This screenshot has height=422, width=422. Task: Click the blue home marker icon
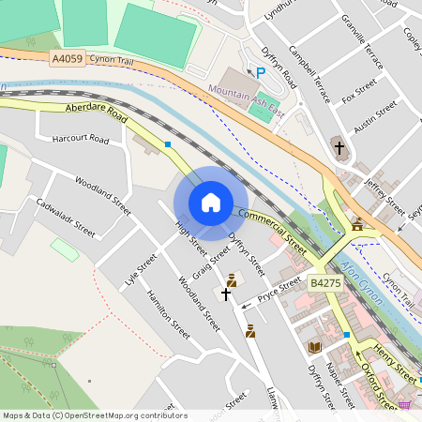pyautogui.click(x=211, y=202)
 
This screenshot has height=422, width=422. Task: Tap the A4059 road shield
pyautogui.click(x=68, y=58)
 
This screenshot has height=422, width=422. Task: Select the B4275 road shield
pyautogui.click(x=325, y=282)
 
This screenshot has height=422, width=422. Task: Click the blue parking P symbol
pyautogui.click(x=261, y=71)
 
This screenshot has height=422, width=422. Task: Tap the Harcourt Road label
pyautogui.click(x=81, y=141)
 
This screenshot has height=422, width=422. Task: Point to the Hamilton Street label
pyautogui.click(x=169, y=313)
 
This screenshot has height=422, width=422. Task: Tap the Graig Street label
pyautogui.click(x=210, y=264)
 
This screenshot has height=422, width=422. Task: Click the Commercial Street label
pyautogui.click(x=272, y=232)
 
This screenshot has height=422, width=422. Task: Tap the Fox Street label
pyautogui.click(x=359, y=95)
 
